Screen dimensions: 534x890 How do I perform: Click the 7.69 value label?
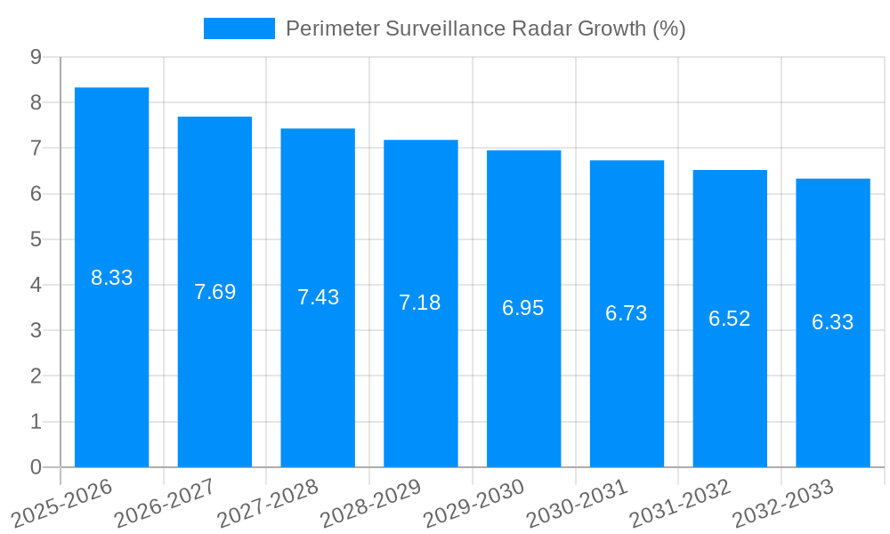point(214,292)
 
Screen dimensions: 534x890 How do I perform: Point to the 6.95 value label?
point(523,308)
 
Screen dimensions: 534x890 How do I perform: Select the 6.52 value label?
point(730,319)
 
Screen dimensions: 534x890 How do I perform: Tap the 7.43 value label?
point(318,297)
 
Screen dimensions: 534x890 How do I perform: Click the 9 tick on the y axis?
point(36,57)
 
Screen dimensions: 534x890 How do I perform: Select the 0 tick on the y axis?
point(36,467)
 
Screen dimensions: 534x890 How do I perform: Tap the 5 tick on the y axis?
point(36,239)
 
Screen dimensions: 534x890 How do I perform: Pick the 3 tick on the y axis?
point(36,330)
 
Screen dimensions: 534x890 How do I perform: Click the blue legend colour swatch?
point(239,28)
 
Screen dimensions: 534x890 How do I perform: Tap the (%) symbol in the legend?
point(668,28)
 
